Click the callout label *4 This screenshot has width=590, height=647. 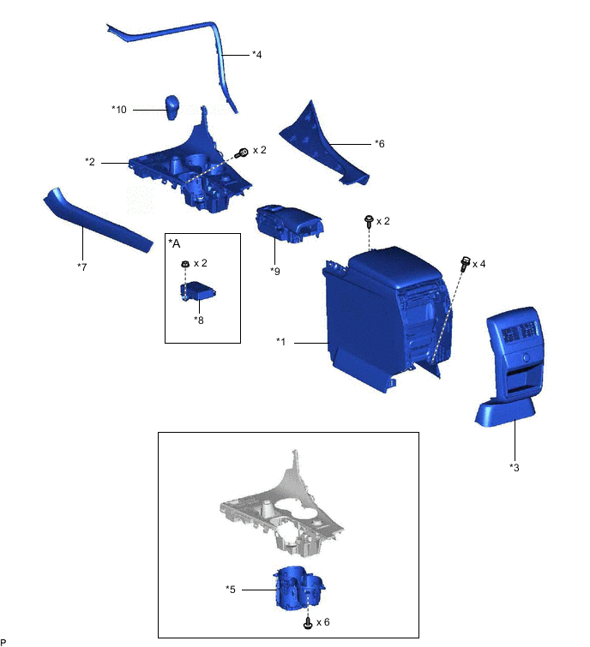click(x=256, y=55)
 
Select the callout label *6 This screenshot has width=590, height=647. click(x=379, y=144)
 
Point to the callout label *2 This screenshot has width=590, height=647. click(x=90, y=161)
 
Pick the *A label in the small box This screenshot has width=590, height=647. click(x=175, y=243)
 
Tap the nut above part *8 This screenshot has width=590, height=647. click(x=184, y=263)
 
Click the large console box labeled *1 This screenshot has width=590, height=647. click(x=377, y=317)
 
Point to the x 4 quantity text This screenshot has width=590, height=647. click(x=478, y=264)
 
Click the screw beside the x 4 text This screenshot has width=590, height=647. click(x=466, y=262)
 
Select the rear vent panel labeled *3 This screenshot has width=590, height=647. click(x=511, y=368)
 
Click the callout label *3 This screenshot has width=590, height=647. click(x=514, y=467)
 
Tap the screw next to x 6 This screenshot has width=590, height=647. click(x=307, y=623)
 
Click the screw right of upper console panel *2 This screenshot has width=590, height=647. click(x=243, y=153)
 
